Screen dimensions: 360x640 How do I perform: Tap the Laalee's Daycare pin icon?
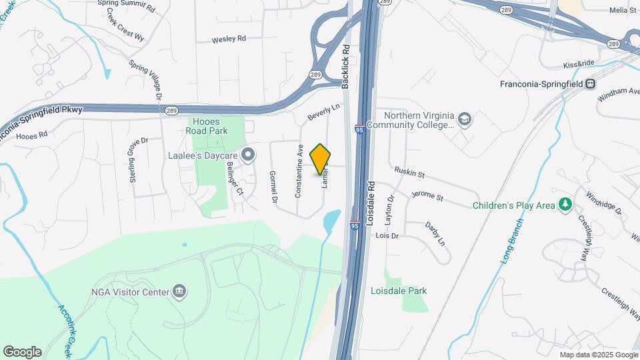pyautogui.click(x=248, y=155)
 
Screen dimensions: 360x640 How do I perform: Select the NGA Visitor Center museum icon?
pyautogui.click(x=179, y=291)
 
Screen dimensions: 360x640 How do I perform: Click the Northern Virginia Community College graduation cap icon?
pyautogui.click(x=465, y=120)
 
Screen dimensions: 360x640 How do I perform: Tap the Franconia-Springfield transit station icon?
pyautogui.click(x=589, y=84)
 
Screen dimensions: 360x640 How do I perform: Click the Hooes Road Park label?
pyautogui.click(x=210, y=126)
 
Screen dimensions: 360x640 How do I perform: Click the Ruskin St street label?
pyautogui.click(x=409, y=173)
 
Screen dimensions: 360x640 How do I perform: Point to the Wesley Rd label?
pyautogui.click(x=229, y=39)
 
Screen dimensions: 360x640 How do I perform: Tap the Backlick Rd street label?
pyautogui.click(x=345, y=67)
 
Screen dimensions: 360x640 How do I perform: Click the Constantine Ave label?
pyautogui.click(x=299, y=171)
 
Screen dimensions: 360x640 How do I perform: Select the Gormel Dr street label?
pyautogui.click(x=273, y=186)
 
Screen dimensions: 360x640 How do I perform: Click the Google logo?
pyautogui.click(x=22, y=351)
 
